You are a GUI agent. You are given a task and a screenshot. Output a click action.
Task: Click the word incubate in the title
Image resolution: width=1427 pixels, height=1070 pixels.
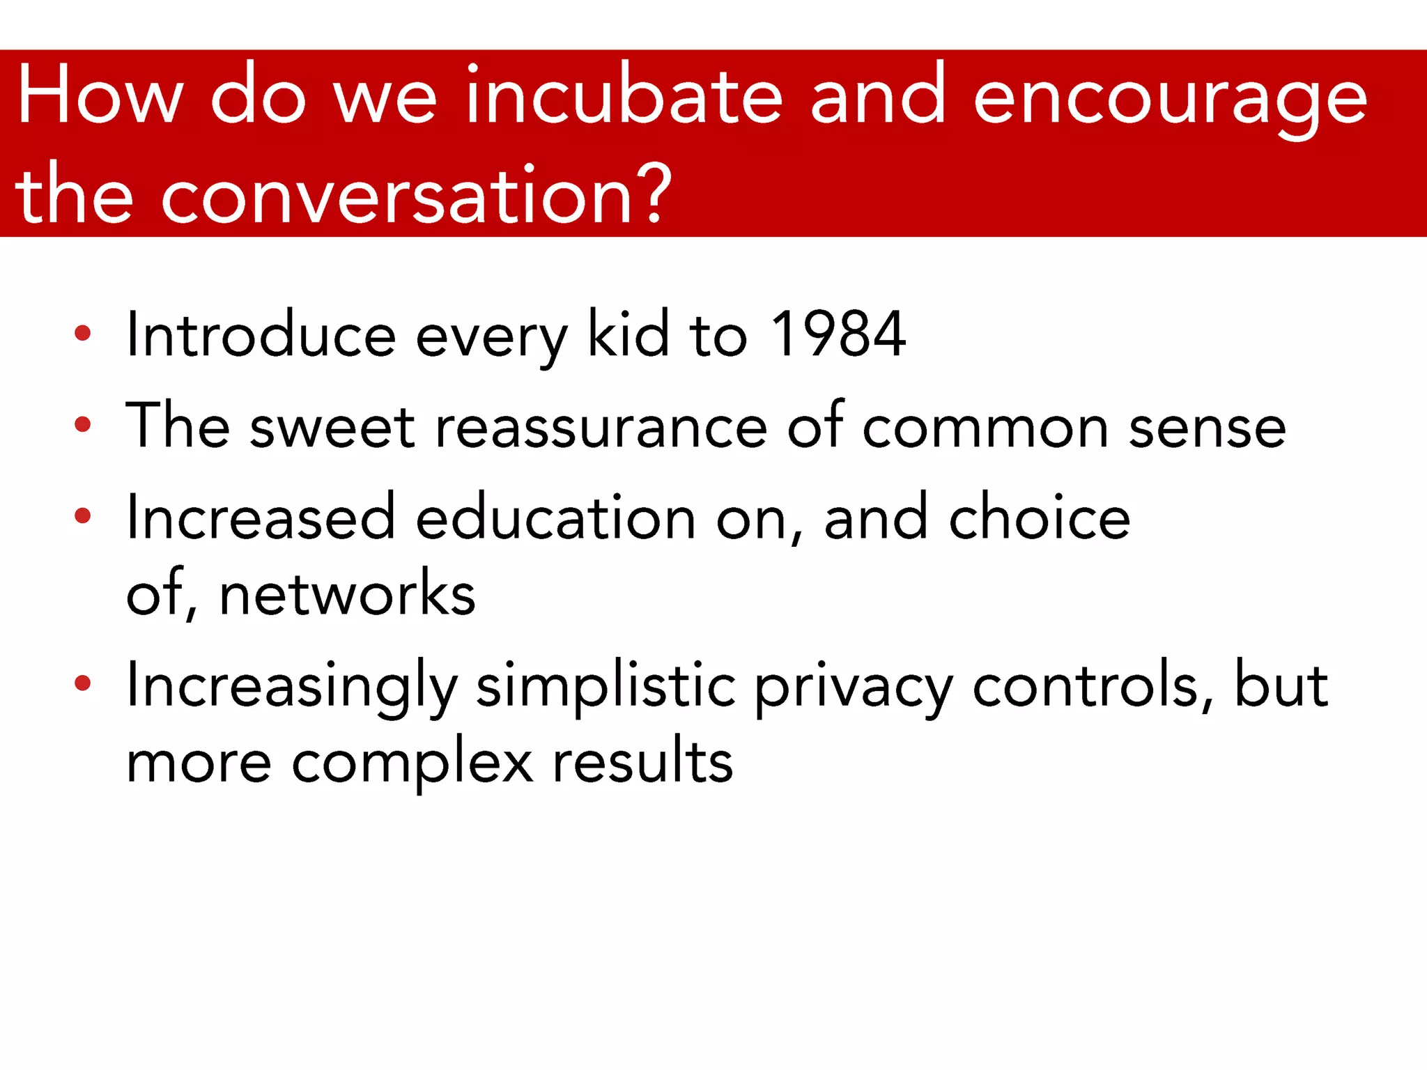point(624,96)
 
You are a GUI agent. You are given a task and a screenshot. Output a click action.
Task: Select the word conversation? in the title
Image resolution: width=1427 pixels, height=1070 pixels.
point(416,197)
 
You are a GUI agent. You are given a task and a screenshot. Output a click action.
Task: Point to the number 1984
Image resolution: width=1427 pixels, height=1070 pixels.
point(838,335)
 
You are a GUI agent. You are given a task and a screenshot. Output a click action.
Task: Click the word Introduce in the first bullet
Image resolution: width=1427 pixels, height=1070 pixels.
point(261,335)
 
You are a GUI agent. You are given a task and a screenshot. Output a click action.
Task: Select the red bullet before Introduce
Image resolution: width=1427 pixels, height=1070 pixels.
point(82,333)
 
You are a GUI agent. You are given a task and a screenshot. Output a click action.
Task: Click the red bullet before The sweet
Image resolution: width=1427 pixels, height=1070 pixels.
point(82,424)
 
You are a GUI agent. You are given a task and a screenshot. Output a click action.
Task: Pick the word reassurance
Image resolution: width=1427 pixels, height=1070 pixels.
point(601,426)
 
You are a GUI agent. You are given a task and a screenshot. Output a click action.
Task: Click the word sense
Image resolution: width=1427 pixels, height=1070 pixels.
point(1207,428)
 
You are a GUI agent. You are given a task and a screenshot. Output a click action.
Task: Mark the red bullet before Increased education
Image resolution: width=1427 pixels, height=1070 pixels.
point(82,516)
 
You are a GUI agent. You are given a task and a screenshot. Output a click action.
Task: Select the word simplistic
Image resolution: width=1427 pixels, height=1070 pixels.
point(605,687)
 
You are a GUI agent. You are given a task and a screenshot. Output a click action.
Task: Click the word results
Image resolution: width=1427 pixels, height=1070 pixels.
point(642,762)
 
